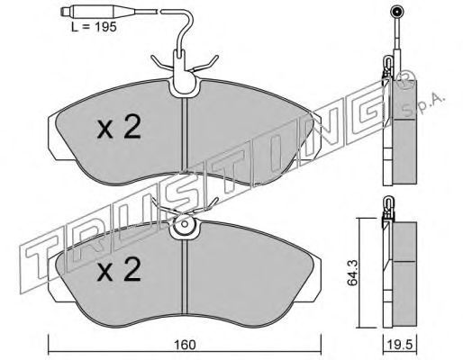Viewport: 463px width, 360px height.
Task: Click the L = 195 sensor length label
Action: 94,27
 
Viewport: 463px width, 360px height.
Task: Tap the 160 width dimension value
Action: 186,345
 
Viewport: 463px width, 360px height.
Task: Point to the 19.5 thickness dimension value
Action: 401,345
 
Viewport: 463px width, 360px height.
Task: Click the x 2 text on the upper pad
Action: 119,128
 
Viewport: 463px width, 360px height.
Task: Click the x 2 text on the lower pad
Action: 119,269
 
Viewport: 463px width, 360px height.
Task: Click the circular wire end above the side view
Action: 396,13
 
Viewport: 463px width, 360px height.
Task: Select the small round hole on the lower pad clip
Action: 185,224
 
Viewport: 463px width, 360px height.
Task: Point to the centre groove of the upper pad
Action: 185,135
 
